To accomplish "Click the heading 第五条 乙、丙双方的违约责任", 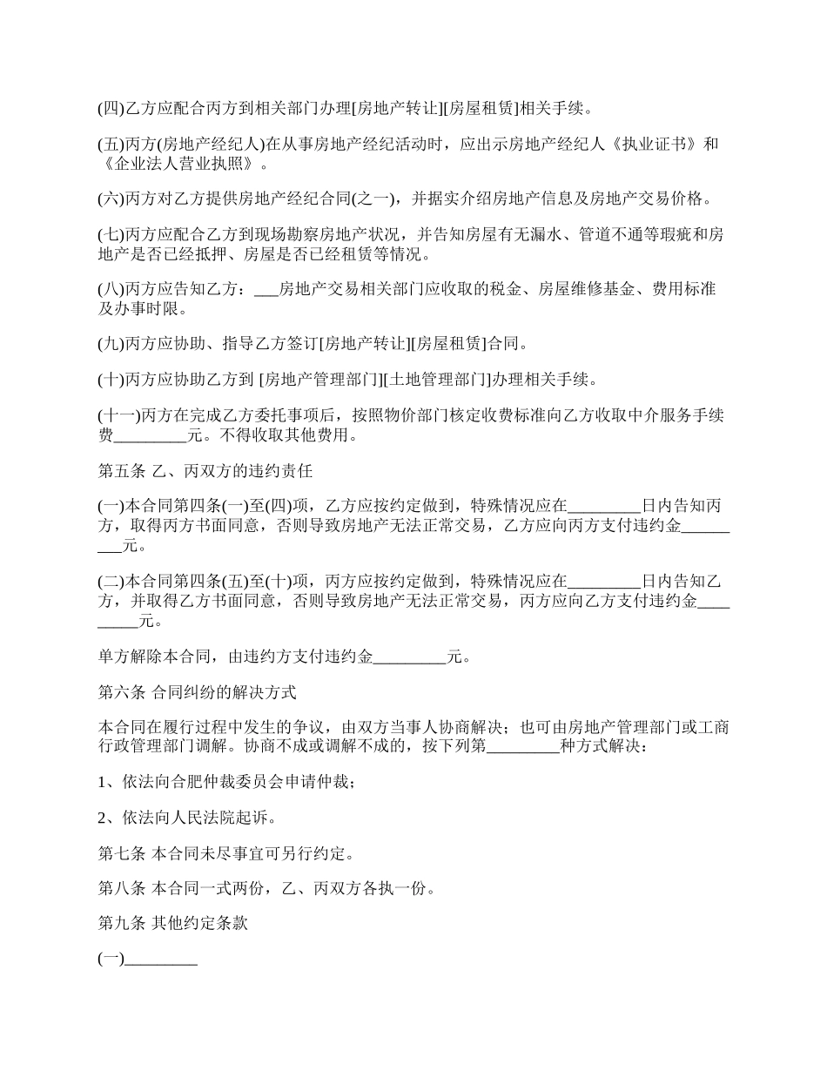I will coord(205,472).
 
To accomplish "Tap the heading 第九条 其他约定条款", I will coord(173,923).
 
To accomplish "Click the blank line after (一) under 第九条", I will coord(161,960).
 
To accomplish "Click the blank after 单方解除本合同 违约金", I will coord(409,657).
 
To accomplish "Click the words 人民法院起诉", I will coord(210,818).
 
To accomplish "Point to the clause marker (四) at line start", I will coord(111,109).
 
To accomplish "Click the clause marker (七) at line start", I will coord(111,235).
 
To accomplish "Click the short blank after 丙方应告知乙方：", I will coord(266,289).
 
